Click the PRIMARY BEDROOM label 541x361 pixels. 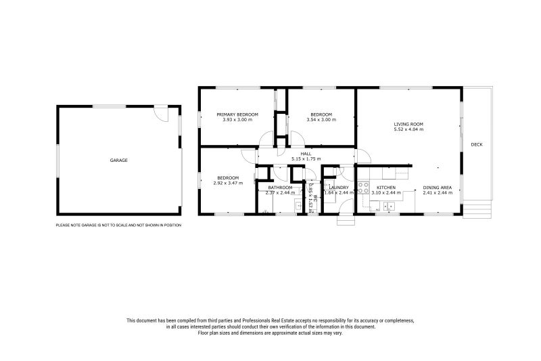click(237, 114)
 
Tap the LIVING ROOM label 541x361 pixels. click(408, 124)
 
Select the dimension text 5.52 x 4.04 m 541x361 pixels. click(408, 129)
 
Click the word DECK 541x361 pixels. click(477, 144)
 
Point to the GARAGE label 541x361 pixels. click(119, 161)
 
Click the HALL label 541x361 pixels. click(306, 154)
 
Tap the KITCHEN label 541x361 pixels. click(385, 188)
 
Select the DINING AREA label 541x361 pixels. click(437, 188)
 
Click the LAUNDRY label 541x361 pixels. click(338, 188)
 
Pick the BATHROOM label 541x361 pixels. click(279, 188)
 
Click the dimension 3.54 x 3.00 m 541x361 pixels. click(321, 120)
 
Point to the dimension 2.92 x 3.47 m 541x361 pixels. click(227, 183)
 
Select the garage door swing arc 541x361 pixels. click(158, 114)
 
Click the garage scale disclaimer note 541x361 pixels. click(118, 225)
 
